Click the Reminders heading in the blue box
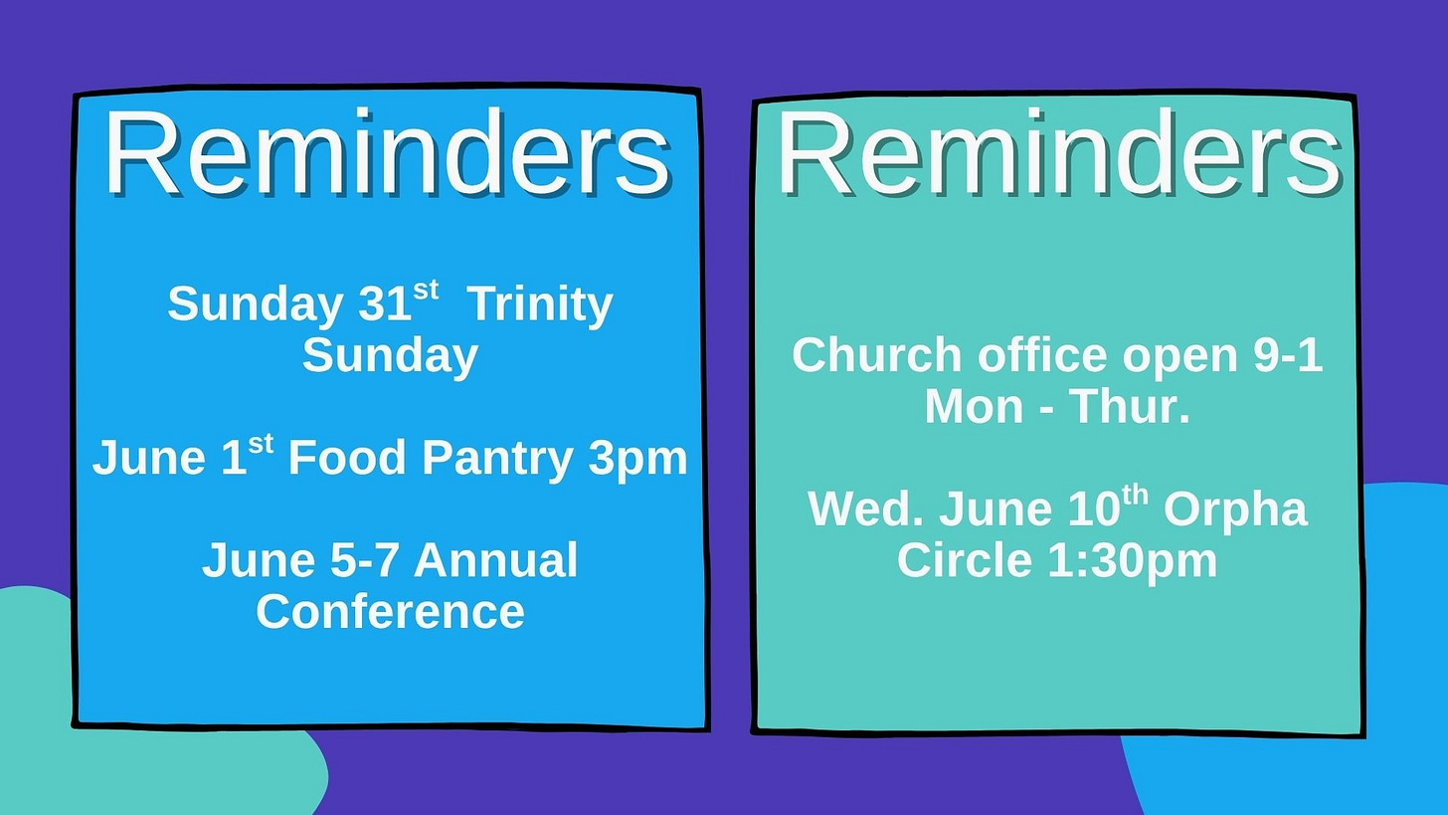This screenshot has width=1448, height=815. click(x=387, y=152)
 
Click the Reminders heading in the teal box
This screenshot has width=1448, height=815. click(x=1059, y=154)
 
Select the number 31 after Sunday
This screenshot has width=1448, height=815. click(x=385, y=305)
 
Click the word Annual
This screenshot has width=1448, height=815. click(x=495, y=560)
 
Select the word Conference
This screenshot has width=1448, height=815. click(x=391, y=611)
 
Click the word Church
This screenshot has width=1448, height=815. click(x=877, y=355)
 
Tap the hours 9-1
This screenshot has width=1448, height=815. click(x=1288, y=355)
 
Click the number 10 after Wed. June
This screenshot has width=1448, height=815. click(x=1093, y=509)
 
